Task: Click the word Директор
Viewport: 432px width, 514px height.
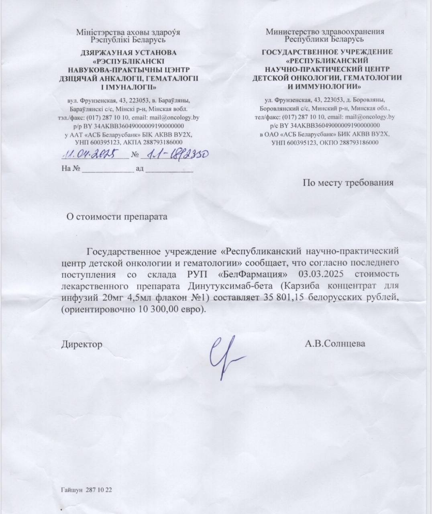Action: point(82,344)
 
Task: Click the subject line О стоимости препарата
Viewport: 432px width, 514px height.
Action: point(116,216)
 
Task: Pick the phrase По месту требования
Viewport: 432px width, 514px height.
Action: point(348,183)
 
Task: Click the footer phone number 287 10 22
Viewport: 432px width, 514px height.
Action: point(98,491)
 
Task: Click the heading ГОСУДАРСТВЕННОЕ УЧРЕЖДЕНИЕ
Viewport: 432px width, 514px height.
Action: point(327,52)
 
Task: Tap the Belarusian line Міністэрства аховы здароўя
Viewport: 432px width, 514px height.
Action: point(128,32)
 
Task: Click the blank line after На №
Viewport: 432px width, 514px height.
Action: point(108,169)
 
